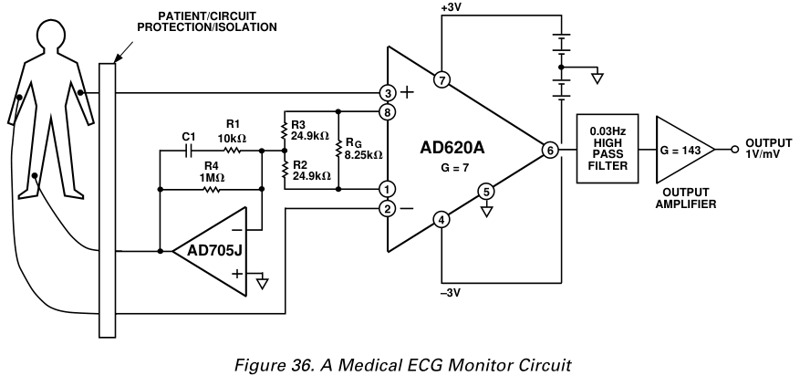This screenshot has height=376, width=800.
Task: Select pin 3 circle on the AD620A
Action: coord(389,93)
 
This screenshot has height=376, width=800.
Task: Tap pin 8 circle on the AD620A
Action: coord(389,112)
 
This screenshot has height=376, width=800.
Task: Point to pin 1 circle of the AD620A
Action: coord(389,189)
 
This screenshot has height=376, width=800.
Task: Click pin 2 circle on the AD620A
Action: coord(389,209)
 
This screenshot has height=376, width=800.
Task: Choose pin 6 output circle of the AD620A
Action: coord(548,151)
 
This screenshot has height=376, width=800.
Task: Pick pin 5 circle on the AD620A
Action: coord(486,192)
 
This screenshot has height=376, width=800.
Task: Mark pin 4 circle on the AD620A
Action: coord(441,219)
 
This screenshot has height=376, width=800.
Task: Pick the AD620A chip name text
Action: coord(457,148)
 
